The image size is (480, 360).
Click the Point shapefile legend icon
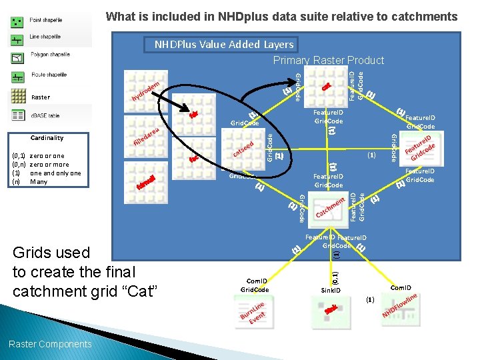[17, 22]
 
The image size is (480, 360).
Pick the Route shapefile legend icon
[17, 75]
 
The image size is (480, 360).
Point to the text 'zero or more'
[49, 164]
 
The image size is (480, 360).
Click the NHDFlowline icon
[400, 307]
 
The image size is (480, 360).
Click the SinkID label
[331, 291]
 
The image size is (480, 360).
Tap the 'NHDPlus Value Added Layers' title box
[223, 45]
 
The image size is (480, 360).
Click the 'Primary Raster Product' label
[329, 61]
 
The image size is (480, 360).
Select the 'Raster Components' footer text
[50, 344]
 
